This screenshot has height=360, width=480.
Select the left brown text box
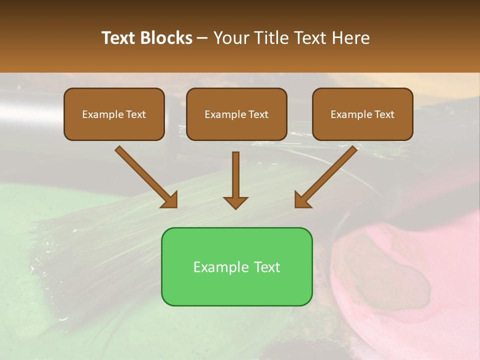(x=114, y=114)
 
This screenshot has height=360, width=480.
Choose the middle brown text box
(x=236, y=114)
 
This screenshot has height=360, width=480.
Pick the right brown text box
(x=362, y=114)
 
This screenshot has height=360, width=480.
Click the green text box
(x=236, y=266)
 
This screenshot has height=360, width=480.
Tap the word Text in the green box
(x=266, y=267)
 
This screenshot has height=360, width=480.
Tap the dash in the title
(x=202, y=38)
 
